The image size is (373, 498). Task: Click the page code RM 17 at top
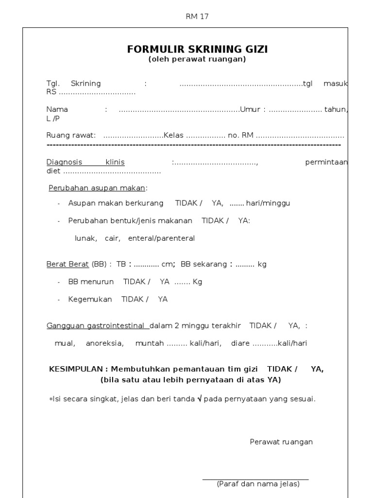point(197,17)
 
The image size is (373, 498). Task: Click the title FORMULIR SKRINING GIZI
point(197,49)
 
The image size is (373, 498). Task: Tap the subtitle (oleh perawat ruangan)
point(197,59)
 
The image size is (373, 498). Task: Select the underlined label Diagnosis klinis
point(85,162)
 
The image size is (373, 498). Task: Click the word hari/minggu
point(268,203)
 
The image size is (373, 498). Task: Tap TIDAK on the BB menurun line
point(136,282)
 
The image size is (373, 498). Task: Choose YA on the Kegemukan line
point(163,300)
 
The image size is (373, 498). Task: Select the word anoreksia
point(104,343)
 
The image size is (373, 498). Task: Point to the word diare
point(240,343)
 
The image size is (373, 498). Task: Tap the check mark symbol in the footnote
point(199,399)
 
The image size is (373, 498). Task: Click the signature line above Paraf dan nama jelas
point(255,479)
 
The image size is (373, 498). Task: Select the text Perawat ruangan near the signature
point(281,442)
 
